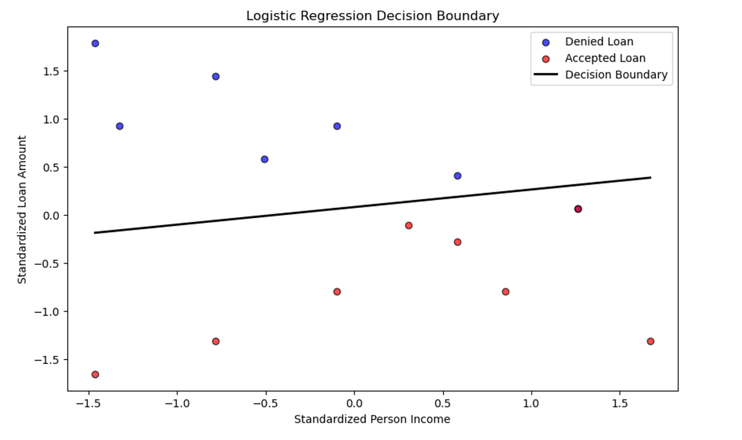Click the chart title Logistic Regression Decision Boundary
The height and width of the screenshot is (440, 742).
[372, 16]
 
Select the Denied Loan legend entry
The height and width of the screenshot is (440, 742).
[599, 42]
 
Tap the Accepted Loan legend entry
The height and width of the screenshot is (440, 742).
[605, 58]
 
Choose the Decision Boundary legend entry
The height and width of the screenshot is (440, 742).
[616, 75]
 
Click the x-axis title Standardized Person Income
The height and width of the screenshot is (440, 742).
[372, 420]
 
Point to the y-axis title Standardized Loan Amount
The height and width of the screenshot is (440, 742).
[22, 210]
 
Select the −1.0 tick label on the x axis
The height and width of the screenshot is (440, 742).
[177, 403]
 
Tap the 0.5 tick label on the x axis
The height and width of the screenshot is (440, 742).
[443, 403]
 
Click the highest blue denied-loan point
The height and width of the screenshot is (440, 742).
[95, 43]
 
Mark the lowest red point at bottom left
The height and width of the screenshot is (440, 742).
[95, 374]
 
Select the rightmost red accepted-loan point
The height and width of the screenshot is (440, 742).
[650, 342]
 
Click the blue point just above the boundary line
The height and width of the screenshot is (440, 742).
[458, 176]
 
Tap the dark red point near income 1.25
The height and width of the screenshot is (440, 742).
[578, 209]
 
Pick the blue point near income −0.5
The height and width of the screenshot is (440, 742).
[265, 159]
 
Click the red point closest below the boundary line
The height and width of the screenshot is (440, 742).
[409, 225]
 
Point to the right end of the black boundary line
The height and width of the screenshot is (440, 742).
[650, 178]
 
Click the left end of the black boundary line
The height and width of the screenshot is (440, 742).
[95, 233]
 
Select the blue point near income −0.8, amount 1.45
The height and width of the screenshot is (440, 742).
[216, 77]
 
